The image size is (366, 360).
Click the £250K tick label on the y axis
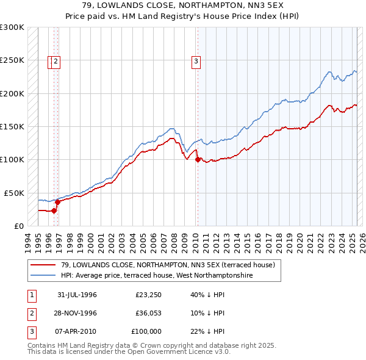pyautogui.click(x=12, y=60)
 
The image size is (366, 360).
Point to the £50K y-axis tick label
pyautogui.click(x=14, y=193)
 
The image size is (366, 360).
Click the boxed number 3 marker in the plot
pyautogui.click(x=196, y=60)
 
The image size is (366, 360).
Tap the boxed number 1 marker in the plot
pyautogui.click(x=51, y=60)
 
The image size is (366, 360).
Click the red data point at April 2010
pyautogui.click(x=197, y=160)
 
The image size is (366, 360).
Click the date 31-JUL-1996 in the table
pyautogui.click(x=77, y=295)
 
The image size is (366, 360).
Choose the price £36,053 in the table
pyautogui.click(x=148, y=313)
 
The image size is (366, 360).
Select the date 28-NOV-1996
pyautogui.click(x=77, y=313)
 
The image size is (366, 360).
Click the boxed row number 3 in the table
pyautogui.click(x=31, y=331)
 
